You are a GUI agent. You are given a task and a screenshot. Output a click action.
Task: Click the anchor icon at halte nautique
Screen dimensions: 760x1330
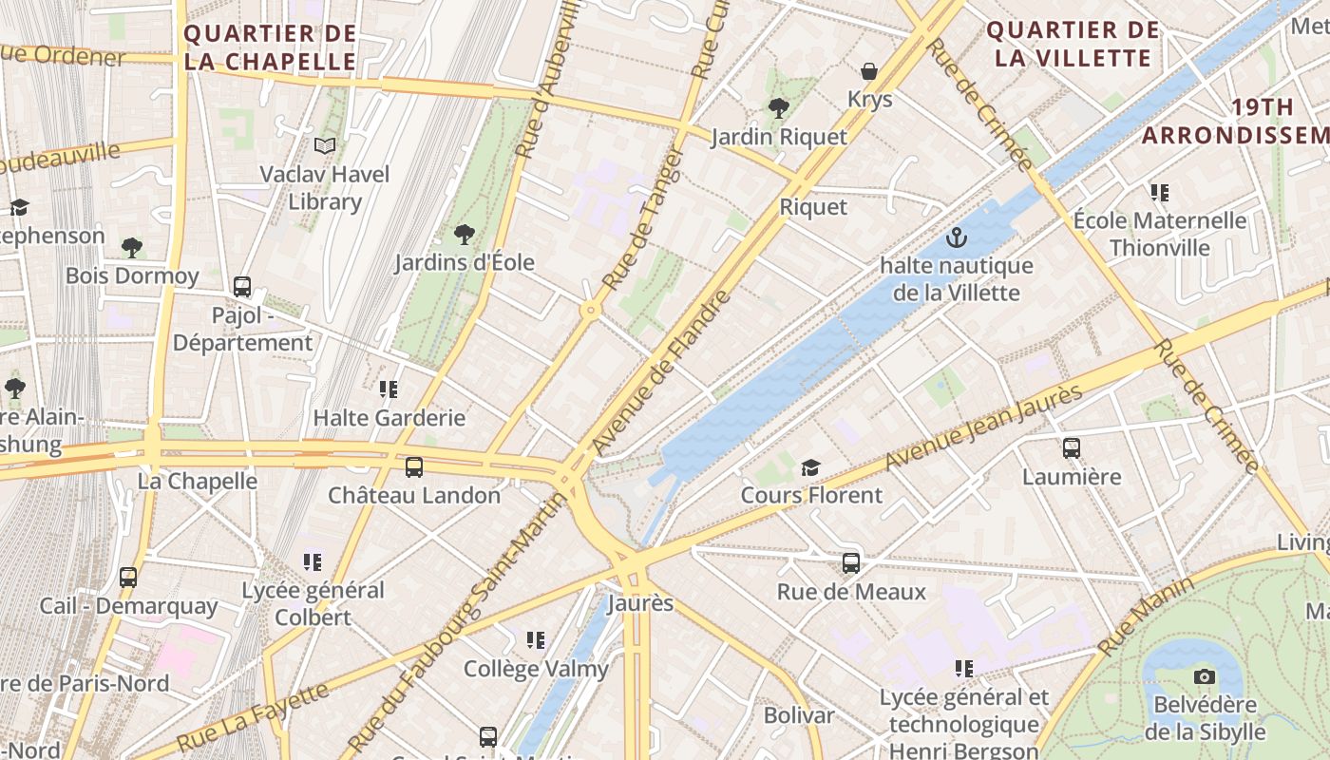click(957, 237)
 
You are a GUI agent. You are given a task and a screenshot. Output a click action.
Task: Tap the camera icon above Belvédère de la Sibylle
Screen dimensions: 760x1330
click(1205, 676)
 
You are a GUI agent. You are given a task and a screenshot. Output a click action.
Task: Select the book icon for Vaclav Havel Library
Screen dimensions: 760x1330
click(325, 145)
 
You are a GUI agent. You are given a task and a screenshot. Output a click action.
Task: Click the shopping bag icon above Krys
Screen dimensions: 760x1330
click(868, 71)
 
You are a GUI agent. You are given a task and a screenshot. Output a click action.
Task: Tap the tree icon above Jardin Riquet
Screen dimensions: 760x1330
click(778, 108)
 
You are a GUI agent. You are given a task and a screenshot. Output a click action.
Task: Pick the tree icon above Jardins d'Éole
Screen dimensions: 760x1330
click(465, 234)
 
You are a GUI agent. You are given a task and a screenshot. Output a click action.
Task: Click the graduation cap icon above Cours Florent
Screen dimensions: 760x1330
click(810, 467)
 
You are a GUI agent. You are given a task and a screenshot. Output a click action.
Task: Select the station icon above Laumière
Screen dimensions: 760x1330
click(1072, 447)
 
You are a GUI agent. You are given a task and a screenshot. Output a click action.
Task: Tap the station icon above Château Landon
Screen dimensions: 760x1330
click(414, 466)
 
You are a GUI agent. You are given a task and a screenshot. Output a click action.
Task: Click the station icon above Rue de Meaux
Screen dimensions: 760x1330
click(851, 562)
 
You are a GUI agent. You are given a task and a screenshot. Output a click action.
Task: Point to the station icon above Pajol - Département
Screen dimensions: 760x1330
click(242, 286)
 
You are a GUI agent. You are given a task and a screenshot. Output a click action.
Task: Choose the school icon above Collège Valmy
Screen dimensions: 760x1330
click(536, 640)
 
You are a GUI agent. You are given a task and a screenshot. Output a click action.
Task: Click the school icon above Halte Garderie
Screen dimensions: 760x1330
click(389, 389)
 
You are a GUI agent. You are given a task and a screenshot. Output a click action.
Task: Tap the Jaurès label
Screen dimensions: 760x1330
click(640, 603)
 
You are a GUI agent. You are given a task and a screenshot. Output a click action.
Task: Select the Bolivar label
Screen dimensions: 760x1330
click(799, 715)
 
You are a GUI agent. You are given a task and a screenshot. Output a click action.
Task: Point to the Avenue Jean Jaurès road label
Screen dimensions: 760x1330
click(983, 427)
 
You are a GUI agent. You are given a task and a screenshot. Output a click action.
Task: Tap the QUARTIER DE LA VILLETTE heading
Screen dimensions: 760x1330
click(1073, 44)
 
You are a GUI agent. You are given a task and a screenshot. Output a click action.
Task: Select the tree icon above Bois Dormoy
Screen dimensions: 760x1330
click(132, 248)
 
